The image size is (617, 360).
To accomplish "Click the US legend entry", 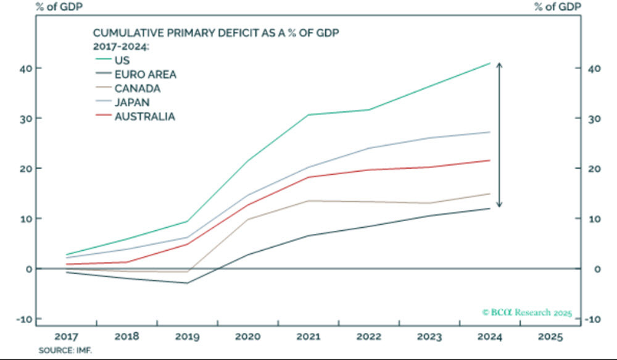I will pyautogui.click(x=122, y=61).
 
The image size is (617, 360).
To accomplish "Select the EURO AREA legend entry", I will pyautogui.click(x=145, y=75).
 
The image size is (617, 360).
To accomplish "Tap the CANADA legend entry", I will pyautogui.click(x=136, y=88).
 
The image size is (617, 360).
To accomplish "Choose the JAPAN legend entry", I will pyautogui.click(x=132, y=102).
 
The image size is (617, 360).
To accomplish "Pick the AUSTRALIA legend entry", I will pyautogui.click(x=144, y=116).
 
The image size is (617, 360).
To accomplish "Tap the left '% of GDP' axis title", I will pyautogui.click(x=31, y=7).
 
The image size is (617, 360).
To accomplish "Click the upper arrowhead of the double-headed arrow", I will pyautogui.click(x=500, y=65).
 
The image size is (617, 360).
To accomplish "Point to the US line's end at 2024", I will pyautogui.click(x=490, y=63).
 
